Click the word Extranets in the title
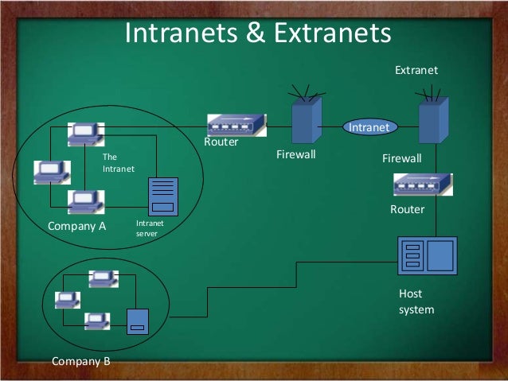332,33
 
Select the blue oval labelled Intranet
369,127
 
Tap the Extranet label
416,72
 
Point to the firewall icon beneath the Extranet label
432,119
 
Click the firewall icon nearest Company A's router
304,123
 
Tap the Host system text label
416,301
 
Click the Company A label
77,225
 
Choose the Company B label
80,361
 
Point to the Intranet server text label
150,229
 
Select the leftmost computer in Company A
49,171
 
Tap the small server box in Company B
138,321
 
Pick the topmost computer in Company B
102,278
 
